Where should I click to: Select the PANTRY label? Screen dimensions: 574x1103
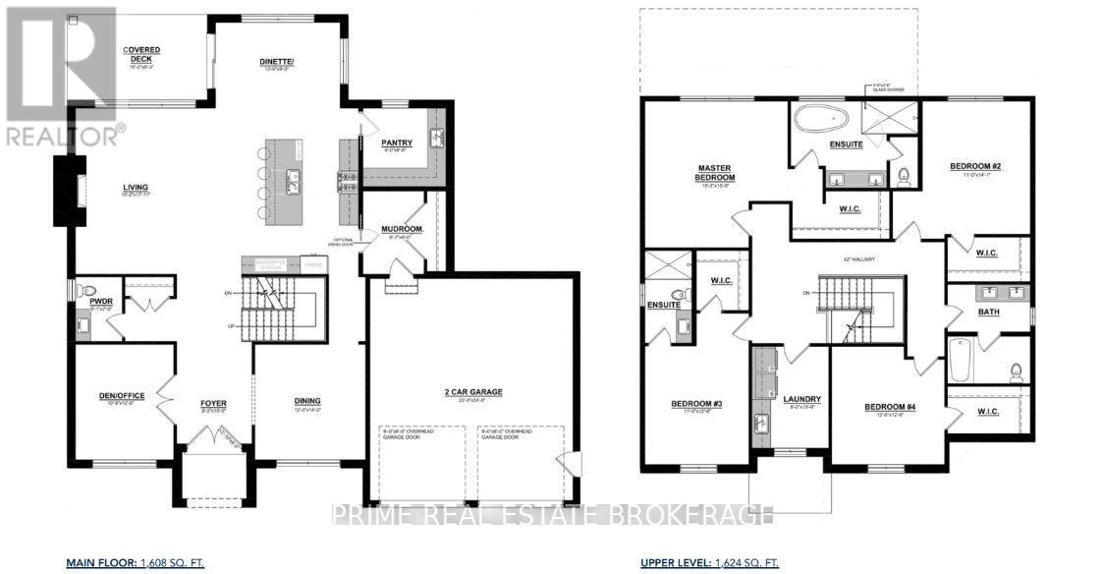click(x=396, y=143)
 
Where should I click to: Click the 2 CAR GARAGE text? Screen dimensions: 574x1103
click(x=473, y=391)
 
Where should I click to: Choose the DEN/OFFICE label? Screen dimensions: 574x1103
click(x=122, y=396)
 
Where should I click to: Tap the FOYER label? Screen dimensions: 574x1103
click(x=213, y=401)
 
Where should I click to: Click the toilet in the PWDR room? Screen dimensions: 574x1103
click(x=87, y=291)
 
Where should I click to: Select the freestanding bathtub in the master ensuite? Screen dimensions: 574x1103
click(x=821, y=121)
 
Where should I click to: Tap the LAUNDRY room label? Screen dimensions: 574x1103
click(x=801, y=398)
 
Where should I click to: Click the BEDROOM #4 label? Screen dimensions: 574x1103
click(x=890, y=407)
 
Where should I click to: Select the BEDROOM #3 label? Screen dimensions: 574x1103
click(x=696, y=404)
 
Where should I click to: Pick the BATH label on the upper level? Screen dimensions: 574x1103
click(x=988, y=312)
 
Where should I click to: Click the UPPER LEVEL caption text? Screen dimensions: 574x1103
click(x=674, y=563)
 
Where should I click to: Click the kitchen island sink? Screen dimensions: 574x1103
click(x=293, y=180)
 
